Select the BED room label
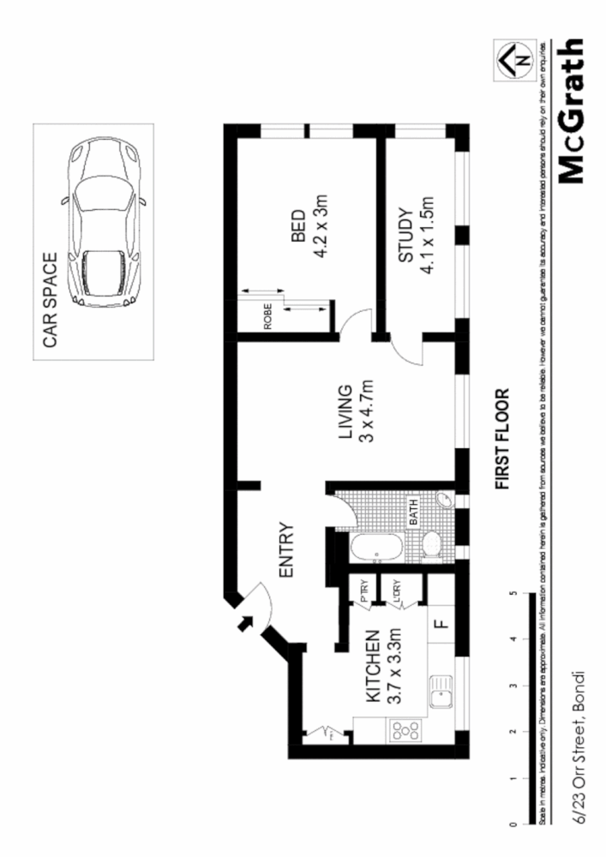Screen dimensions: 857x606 click(298, 227)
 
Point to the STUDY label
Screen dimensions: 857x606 click(405, 235)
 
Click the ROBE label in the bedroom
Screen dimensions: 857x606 click(267, 318)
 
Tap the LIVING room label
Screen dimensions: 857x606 click(345, 413)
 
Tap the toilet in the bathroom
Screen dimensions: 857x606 click(431, 545)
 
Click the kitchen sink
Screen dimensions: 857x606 click(441, 692)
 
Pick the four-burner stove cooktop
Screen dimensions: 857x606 click(405, 731)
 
